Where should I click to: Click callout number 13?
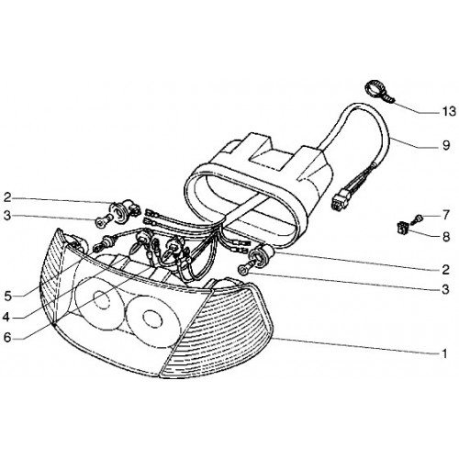449,112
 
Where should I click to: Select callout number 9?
446,145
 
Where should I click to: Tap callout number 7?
446,215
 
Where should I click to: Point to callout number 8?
446,236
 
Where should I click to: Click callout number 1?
444,353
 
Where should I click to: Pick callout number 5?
7,296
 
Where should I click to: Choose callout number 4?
6,317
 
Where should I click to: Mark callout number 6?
7,337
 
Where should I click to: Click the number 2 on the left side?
7,197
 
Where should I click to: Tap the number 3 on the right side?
446,289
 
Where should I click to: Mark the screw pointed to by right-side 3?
246,266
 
